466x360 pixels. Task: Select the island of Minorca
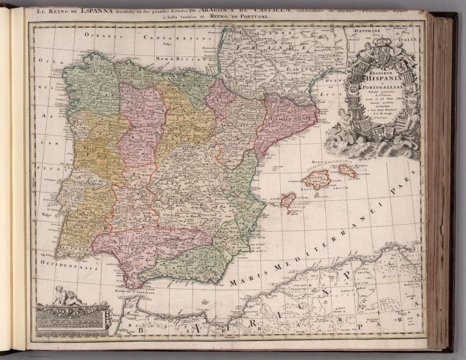pos(347,171)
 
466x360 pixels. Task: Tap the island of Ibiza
pos(288,200)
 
